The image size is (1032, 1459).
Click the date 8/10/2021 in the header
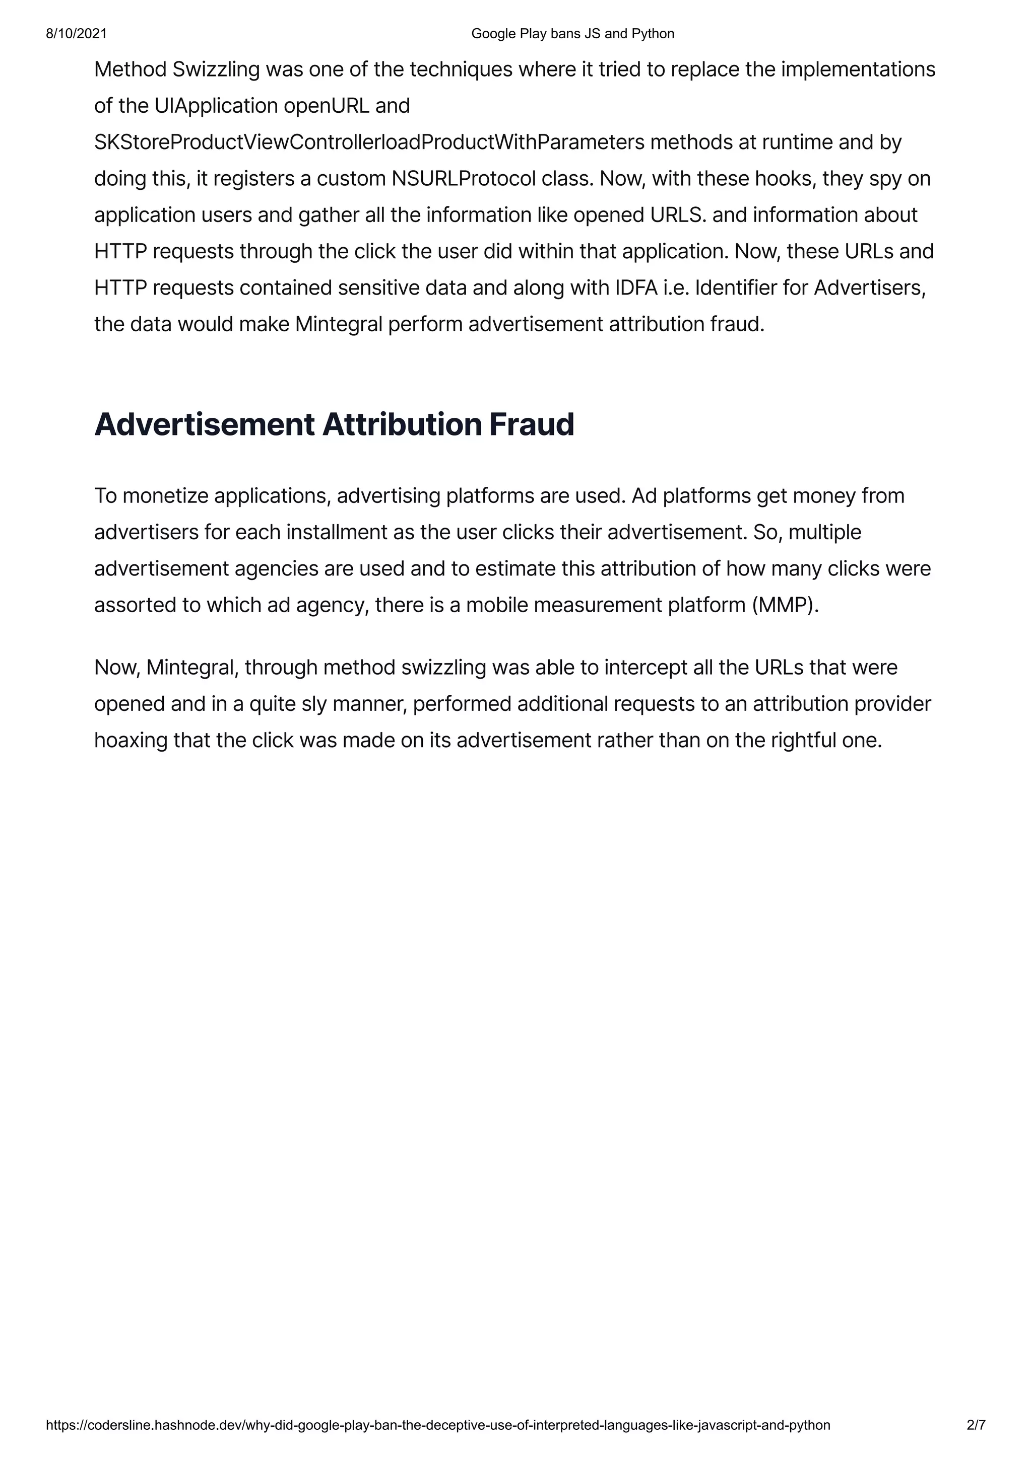tap(76, 34)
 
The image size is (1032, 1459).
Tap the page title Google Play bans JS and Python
tap(572, 34)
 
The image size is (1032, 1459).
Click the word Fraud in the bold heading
tap(532, 424)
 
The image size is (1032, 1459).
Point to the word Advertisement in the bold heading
tap(204, 424)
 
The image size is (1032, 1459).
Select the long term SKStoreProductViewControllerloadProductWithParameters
tap(369, 142)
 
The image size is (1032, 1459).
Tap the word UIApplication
tap(216, 106)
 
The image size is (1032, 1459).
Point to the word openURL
tap(326, 106)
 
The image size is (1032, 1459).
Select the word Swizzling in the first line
tap(216, 69)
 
